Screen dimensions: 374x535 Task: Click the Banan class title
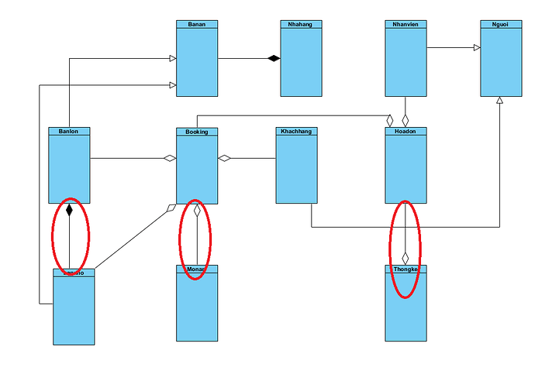click(x=197, y=24)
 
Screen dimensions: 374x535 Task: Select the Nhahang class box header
click(x=300, y=24)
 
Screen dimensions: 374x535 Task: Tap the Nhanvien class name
click(x=406, y=24)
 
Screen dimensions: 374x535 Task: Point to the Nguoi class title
click(x=500, y=24)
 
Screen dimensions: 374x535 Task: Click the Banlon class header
click(x=69, y=132)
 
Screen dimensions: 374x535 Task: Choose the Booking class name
click(x=197, y=132)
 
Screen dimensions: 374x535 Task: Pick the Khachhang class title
click(x=295, y=132)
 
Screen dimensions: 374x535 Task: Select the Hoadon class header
click(x=406, y=132)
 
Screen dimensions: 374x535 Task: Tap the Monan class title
click(x=197, y=269)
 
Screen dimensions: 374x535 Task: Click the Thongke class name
click(x=406, y=269)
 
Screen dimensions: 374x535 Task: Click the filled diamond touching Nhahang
click(x=273, y=58)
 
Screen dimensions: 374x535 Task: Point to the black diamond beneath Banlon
click(x=69, y=210)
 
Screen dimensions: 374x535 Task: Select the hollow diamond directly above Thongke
click(x=406, y=258)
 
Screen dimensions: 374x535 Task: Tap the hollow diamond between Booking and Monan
click(x=197, y=210)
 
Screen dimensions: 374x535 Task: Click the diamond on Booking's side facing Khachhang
click(x=225, y=159)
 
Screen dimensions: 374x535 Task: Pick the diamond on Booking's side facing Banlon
click(x=170, y=159)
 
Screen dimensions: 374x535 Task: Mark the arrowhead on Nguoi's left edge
click(x=477, y=48)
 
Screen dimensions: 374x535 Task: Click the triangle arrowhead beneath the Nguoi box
click(x=500, y=101)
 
